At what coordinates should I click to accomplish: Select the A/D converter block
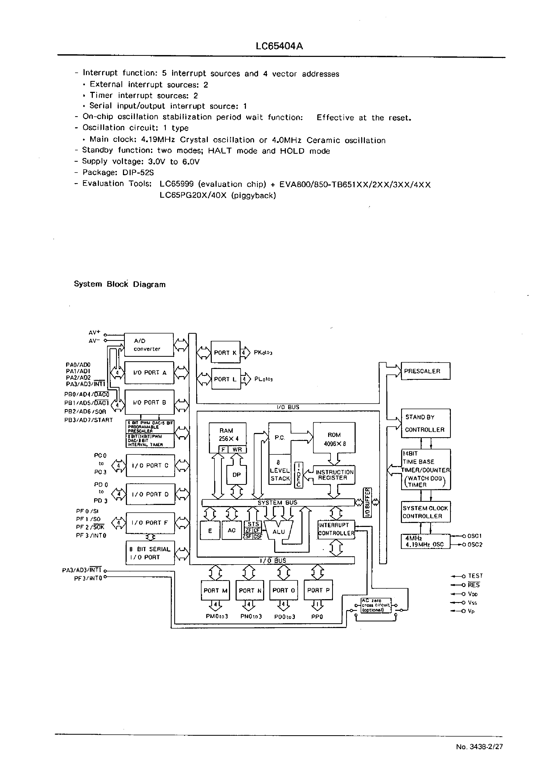[x=149, y=345]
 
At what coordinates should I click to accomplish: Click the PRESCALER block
[x=425, y=371]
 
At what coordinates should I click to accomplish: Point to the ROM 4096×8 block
[x=334, y=439]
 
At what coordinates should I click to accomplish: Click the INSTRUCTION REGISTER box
[x=334, y=475]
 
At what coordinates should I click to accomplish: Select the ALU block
[x=279, y=532]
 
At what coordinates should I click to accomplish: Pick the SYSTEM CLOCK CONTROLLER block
[x=425, y=512]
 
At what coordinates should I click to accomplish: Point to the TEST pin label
[x=475, y=576]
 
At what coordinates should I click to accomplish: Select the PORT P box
[x=318, y=590]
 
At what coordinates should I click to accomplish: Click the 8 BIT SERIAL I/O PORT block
[x=150, y=553]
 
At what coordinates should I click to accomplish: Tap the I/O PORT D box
[x=150, y=494]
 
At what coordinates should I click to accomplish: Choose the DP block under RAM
[x=236, y=475]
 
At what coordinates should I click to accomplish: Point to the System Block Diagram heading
[x=120, y=284]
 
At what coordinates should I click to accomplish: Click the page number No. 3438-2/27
[x=479, y=747]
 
